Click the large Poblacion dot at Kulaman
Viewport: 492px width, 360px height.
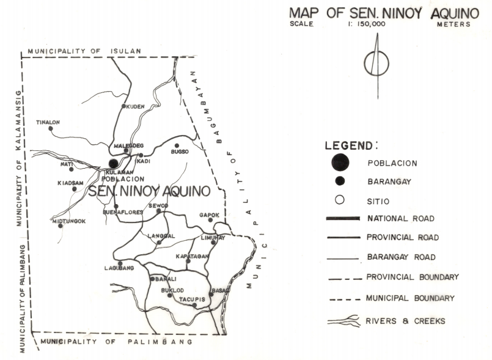pos(113,163)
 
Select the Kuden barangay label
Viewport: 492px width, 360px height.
pos(135,106)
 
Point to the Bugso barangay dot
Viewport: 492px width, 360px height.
pos(177,145)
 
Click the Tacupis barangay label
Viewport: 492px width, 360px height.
pos(191,299)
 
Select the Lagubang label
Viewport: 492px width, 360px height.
pos(119,268)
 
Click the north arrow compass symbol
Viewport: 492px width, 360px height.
pos(376,64)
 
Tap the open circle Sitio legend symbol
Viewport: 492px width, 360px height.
pos(340,200)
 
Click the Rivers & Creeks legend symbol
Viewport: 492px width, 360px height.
pos(343,320)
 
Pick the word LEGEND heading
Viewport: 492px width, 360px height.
pos(351,145)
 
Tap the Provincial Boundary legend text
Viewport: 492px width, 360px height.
pos(412,277)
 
